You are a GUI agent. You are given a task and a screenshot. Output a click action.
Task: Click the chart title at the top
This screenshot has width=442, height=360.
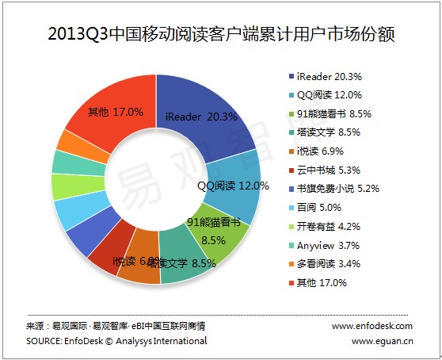click(x=221, y=36)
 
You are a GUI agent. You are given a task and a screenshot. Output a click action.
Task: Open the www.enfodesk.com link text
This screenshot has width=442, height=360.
click(x=372, y=326)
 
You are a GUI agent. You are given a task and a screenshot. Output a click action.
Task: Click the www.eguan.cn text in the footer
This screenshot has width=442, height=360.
click(x=382, y=341)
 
